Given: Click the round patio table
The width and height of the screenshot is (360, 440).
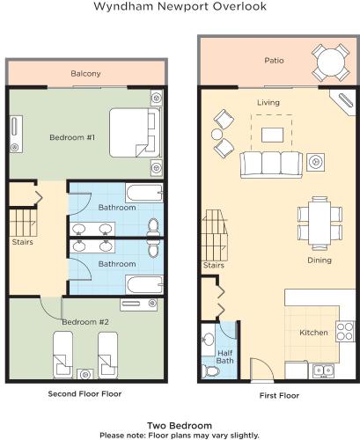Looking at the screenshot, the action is tap(331, 62).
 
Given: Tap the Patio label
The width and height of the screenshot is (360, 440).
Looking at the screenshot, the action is tap(274, 61).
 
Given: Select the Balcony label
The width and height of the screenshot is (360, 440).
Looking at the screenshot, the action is tap(85, 73).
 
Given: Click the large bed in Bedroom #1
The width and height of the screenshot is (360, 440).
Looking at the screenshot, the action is tap(135, 133).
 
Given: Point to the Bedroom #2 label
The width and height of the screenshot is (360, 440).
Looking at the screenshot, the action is tap(85, 322).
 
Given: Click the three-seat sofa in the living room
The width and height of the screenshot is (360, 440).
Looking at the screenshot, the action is tap(271, 165).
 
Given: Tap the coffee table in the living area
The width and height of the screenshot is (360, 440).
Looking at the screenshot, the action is tap(272, 135).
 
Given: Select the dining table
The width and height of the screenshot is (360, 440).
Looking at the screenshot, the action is tap(320, 223).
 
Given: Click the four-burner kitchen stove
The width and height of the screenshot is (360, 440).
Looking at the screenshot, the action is tap(345, 331).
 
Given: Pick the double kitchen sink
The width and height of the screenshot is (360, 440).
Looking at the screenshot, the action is tap(323, 370).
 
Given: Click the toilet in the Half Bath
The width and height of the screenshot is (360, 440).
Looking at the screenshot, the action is tap(210, 371).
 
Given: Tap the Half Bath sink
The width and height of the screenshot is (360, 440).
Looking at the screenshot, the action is tap(209, 340).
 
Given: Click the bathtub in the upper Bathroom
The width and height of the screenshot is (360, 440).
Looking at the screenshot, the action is tap(144, 193).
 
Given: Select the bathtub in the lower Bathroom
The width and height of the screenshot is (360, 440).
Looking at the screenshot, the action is tap(144, 284).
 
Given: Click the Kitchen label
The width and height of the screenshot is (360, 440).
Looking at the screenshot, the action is tap(313, 333).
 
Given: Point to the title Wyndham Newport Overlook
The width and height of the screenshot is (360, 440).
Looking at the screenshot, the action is tap(180, 6).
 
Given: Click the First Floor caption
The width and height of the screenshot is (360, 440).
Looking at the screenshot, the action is tap(279, 396).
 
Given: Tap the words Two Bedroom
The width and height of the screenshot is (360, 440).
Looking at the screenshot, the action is tap(180, 426).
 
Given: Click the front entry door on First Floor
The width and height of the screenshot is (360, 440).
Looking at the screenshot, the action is tap(262, 370).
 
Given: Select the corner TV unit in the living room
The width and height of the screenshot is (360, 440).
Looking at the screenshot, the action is tap(344, 102).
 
